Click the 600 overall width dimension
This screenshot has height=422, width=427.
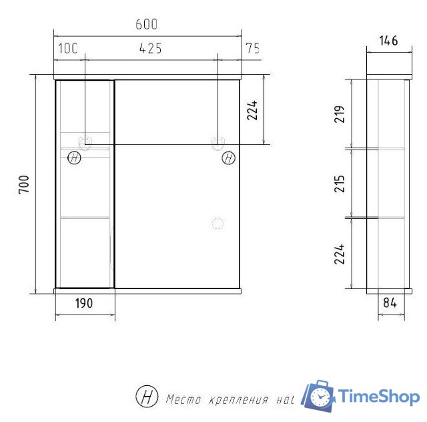pos(146,25)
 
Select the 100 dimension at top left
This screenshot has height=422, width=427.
pos(68,48)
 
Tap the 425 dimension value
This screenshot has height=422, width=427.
pos(151,48)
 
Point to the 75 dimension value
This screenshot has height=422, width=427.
pos(252,48)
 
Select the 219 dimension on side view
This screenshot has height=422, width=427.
pos(339,114)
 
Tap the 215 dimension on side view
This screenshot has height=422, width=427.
pos(339,182)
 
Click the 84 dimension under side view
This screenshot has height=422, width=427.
pos(390,302)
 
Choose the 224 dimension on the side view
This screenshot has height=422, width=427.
pos(339,253)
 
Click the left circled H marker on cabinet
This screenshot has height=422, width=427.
pos(74,158)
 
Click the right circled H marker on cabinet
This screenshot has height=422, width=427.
pos(229,158)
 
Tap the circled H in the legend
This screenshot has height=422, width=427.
pos(146,397)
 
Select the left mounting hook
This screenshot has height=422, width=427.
pos(86,142)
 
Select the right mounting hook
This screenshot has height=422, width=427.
pos(218,142)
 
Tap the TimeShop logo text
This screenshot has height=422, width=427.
pos(380,397)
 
